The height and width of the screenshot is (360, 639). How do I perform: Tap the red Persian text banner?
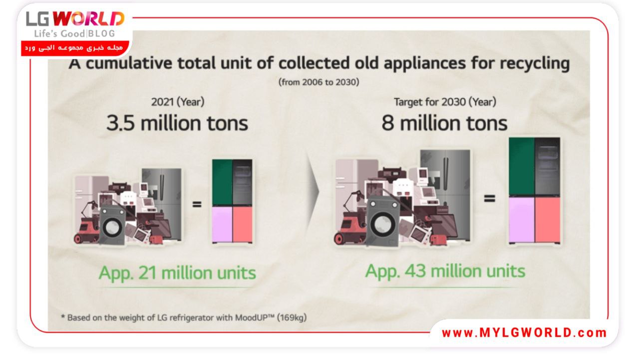pos(75,48)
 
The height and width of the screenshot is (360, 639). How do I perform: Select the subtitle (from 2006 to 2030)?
pos(319,82)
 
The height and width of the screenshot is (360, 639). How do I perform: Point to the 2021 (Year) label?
pos(178,102)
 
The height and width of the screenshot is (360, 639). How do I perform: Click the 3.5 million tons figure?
pos(177,123)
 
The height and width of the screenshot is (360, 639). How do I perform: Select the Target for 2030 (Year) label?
pos(445,102)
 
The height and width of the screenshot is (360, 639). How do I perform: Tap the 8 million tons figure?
pos(444,123)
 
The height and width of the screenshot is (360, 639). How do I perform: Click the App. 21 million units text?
pos(177,273)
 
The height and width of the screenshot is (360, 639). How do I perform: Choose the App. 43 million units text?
pos(445,271)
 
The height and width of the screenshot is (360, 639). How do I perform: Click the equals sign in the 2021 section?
pos(197,204)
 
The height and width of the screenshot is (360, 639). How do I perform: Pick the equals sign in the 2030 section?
pos(489,198)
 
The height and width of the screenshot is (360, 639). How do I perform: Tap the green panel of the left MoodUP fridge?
pos(223,183)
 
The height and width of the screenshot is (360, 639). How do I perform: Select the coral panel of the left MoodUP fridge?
pos(243,224)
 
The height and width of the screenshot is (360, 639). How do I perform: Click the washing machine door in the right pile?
pos(383,224)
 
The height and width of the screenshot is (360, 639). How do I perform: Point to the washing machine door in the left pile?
pos(112,227)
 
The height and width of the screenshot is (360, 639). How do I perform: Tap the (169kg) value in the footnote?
pos(292,318)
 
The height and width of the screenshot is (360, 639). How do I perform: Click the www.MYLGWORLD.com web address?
pos(524,333)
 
